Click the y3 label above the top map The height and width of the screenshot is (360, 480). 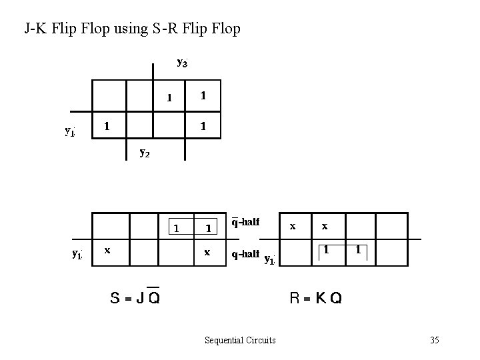(x=182, y=63)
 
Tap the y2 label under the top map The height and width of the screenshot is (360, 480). (x=144, y=152)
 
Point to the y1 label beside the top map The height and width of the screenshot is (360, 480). (x=69, y=131)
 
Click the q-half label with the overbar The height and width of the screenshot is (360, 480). (x=245, y=222)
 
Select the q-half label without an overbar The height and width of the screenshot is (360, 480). (x=245, y=253)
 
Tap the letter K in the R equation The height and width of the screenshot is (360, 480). (x=321, y=298)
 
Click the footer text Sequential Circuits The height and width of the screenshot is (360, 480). (x=240, y=341)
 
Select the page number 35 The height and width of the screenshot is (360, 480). (x=435, y=341)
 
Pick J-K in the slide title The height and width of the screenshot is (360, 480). (x=35, y=29)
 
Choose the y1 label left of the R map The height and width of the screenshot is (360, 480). (x=269, y=259)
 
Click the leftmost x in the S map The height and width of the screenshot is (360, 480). (x=107, y=250)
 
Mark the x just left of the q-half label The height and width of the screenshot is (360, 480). (x=207, y=253)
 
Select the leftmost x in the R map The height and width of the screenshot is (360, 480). (x=293, y=226)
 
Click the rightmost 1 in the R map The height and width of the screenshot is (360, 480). (x=359, y=250)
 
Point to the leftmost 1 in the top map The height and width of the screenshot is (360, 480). (x=107, y=125)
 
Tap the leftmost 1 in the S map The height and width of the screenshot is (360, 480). (x=176, y=228)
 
